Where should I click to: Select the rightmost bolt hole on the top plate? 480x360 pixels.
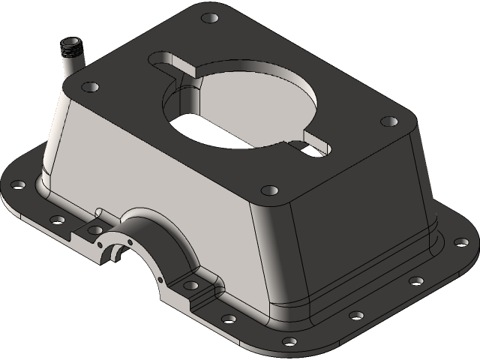pos(388,121)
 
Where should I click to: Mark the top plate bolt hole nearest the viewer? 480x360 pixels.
pos(268,190)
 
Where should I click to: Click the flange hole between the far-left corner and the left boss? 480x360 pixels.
pos(57,220)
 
